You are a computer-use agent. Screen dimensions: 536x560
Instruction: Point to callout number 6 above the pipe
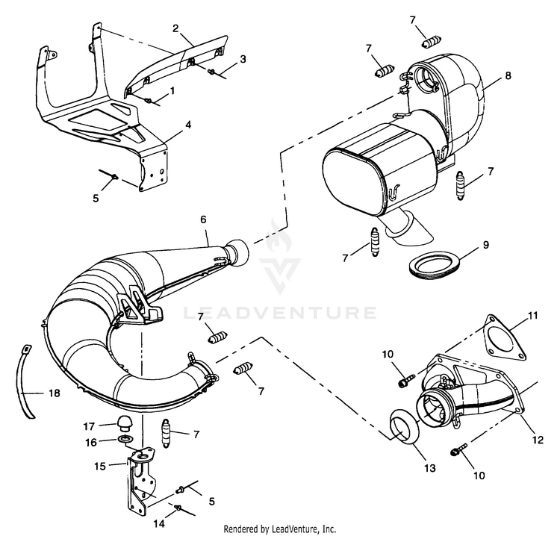204,221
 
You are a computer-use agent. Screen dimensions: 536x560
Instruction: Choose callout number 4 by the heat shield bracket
188,124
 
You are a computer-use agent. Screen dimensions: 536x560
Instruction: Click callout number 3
243,57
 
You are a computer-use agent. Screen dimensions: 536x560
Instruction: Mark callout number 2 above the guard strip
175,28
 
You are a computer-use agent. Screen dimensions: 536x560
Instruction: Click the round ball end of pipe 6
237,249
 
